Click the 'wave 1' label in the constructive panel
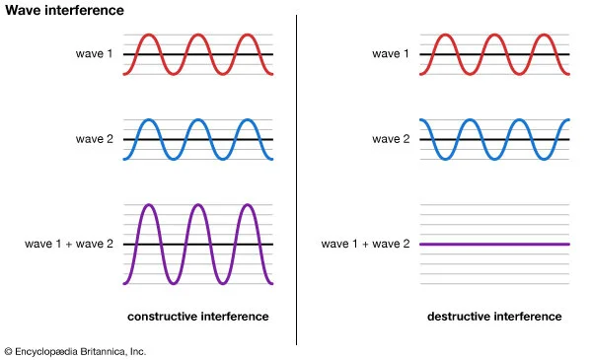[x=95, y=53]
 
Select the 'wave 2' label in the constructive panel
[x=95, y=140]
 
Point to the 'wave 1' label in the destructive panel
[x=391, y=53]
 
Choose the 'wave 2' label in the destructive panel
[x=391, y=140]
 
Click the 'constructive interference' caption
[x=198, y=317]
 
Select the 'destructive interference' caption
[x=494, y=317]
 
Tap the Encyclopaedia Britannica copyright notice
[x=75, y=350]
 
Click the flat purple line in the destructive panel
[x=494, y=244]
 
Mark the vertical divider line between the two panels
[x=297, y=178]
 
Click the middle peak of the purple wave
[x=198, y=205]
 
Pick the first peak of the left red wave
[x=148, y=36]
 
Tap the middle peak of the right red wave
[x=494, y=36]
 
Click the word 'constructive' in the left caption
[x=162, y=317]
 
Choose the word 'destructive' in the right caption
[x=459, y=317]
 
